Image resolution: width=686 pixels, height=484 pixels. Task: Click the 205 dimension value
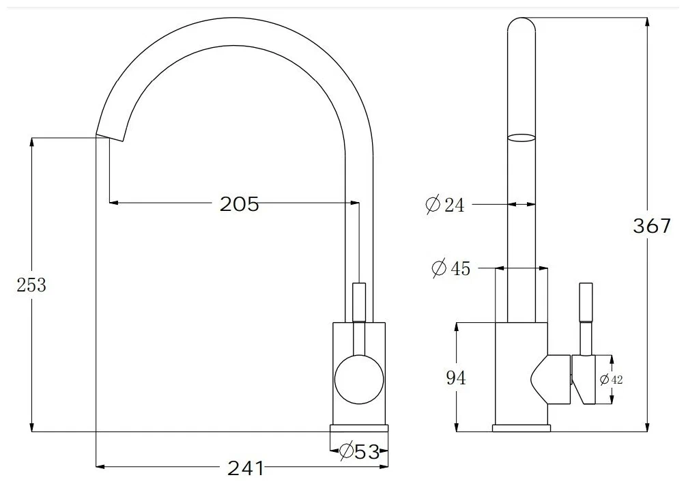tap(240, 203)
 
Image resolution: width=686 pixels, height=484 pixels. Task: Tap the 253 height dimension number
tap(31, 285)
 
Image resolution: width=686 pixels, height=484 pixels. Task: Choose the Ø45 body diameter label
tap(451, 268)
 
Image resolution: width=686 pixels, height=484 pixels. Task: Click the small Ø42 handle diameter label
tap(612, 380)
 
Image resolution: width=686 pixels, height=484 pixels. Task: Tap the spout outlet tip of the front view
tap(109, 134)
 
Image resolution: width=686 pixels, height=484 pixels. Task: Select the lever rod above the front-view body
tap(359, 300)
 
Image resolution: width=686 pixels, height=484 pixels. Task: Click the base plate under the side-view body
tap(521, 428)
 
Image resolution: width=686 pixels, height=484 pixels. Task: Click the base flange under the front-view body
tap(359, 428)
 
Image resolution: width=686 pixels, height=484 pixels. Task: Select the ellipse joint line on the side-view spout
tap(521, 137)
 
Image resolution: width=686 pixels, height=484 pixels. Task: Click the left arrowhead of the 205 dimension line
tap(114, 203)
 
